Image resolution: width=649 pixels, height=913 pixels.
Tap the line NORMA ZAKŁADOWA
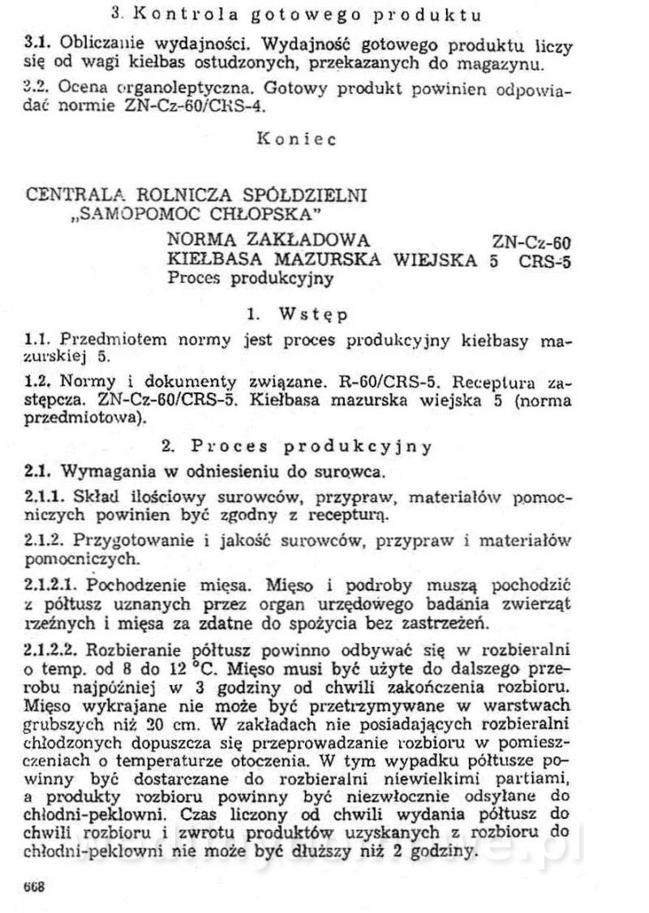click(x=268, y=240)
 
